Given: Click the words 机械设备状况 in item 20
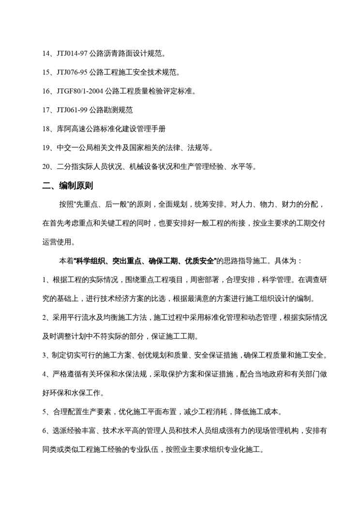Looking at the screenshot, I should click(149, 167).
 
